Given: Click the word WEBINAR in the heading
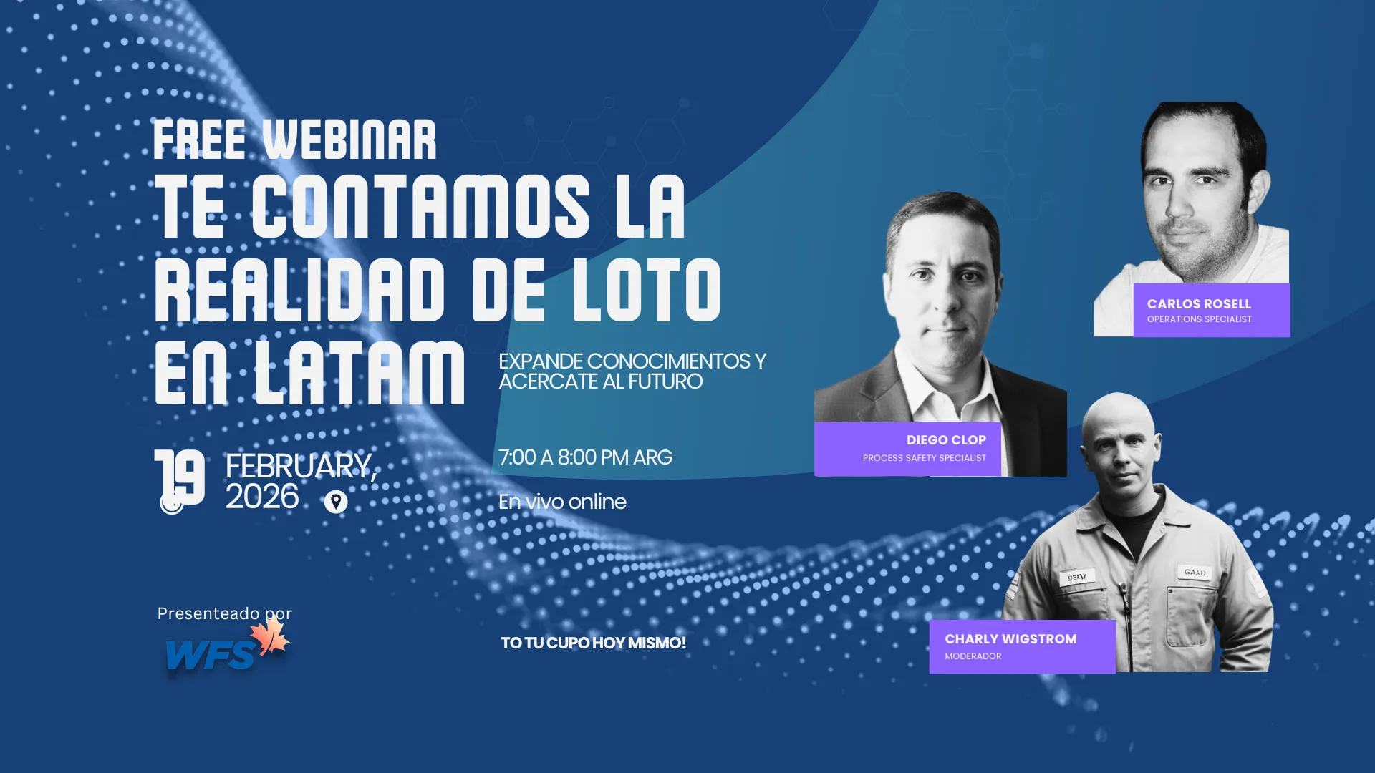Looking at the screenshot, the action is pos(349,140).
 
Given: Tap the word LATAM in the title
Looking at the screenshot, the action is pos(360,373).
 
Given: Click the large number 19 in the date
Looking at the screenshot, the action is pos(180,477).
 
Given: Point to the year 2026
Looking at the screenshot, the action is pos(262,497).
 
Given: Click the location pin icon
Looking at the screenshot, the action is pos(336,502).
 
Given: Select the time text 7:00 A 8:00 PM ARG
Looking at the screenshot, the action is pos(585,457).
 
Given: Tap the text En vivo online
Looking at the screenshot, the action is pos(562,502).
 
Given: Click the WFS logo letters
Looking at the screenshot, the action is pos(210,655).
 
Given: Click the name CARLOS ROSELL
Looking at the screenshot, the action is pos(1199,304).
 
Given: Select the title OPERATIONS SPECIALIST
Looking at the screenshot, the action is pos(1200,319).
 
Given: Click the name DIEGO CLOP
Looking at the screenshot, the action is pos(946,440).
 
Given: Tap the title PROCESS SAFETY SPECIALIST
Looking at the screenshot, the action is pos(925,458).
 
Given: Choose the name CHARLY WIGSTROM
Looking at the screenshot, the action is pos(1010,639).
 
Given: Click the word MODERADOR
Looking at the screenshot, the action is pos(973,656).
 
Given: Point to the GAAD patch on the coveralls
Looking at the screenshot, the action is pos(1195,572).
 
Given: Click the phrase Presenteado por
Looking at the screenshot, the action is pos(225,613).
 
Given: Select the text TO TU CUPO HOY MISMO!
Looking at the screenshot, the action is pos(594,643).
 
